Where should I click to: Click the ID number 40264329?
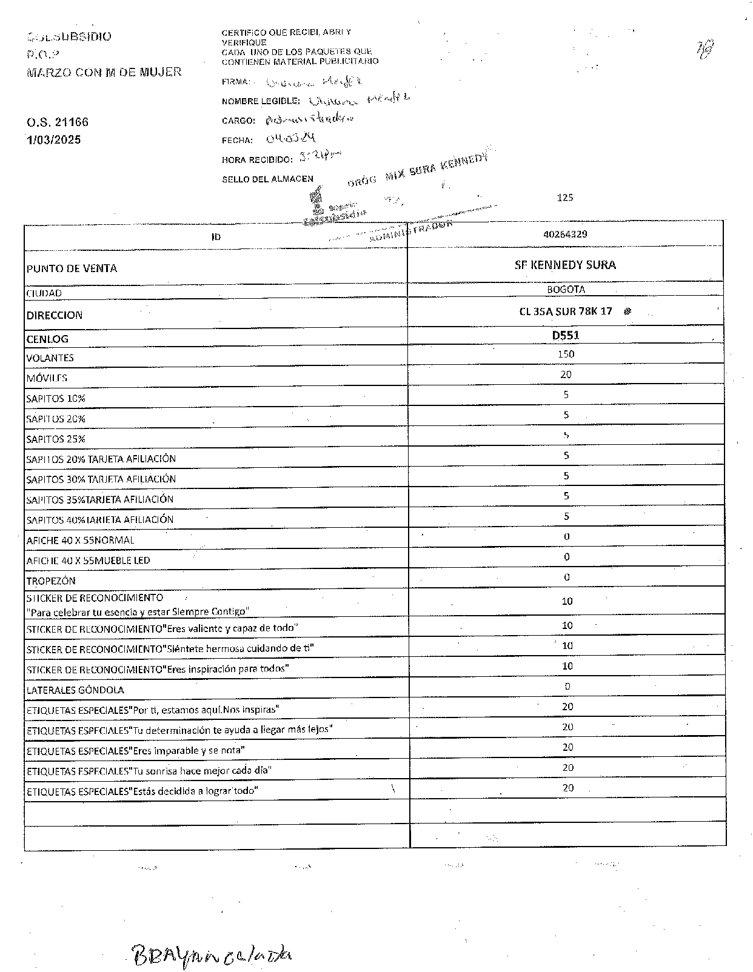(x=565, y=234)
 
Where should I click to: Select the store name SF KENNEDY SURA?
(x=565, y=265)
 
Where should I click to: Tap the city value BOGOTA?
(x=566, y=290)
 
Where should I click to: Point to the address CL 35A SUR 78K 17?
(x=565, y=311)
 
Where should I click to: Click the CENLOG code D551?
(x=565, y=335)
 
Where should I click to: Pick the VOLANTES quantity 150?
(x=566, y=354)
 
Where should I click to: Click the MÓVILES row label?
(x=47, y=378)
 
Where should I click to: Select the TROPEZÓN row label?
(x=51, y=581)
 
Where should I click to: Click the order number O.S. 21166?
(x=58, y=122)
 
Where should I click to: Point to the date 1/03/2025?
(x=54, y=140)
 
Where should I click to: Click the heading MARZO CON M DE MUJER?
(x=104, y=72)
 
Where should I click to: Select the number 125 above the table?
(x=564, y=198)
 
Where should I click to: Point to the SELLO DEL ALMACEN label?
(x=267, y=179)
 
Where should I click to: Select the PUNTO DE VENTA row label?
(x=72, y=268)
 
